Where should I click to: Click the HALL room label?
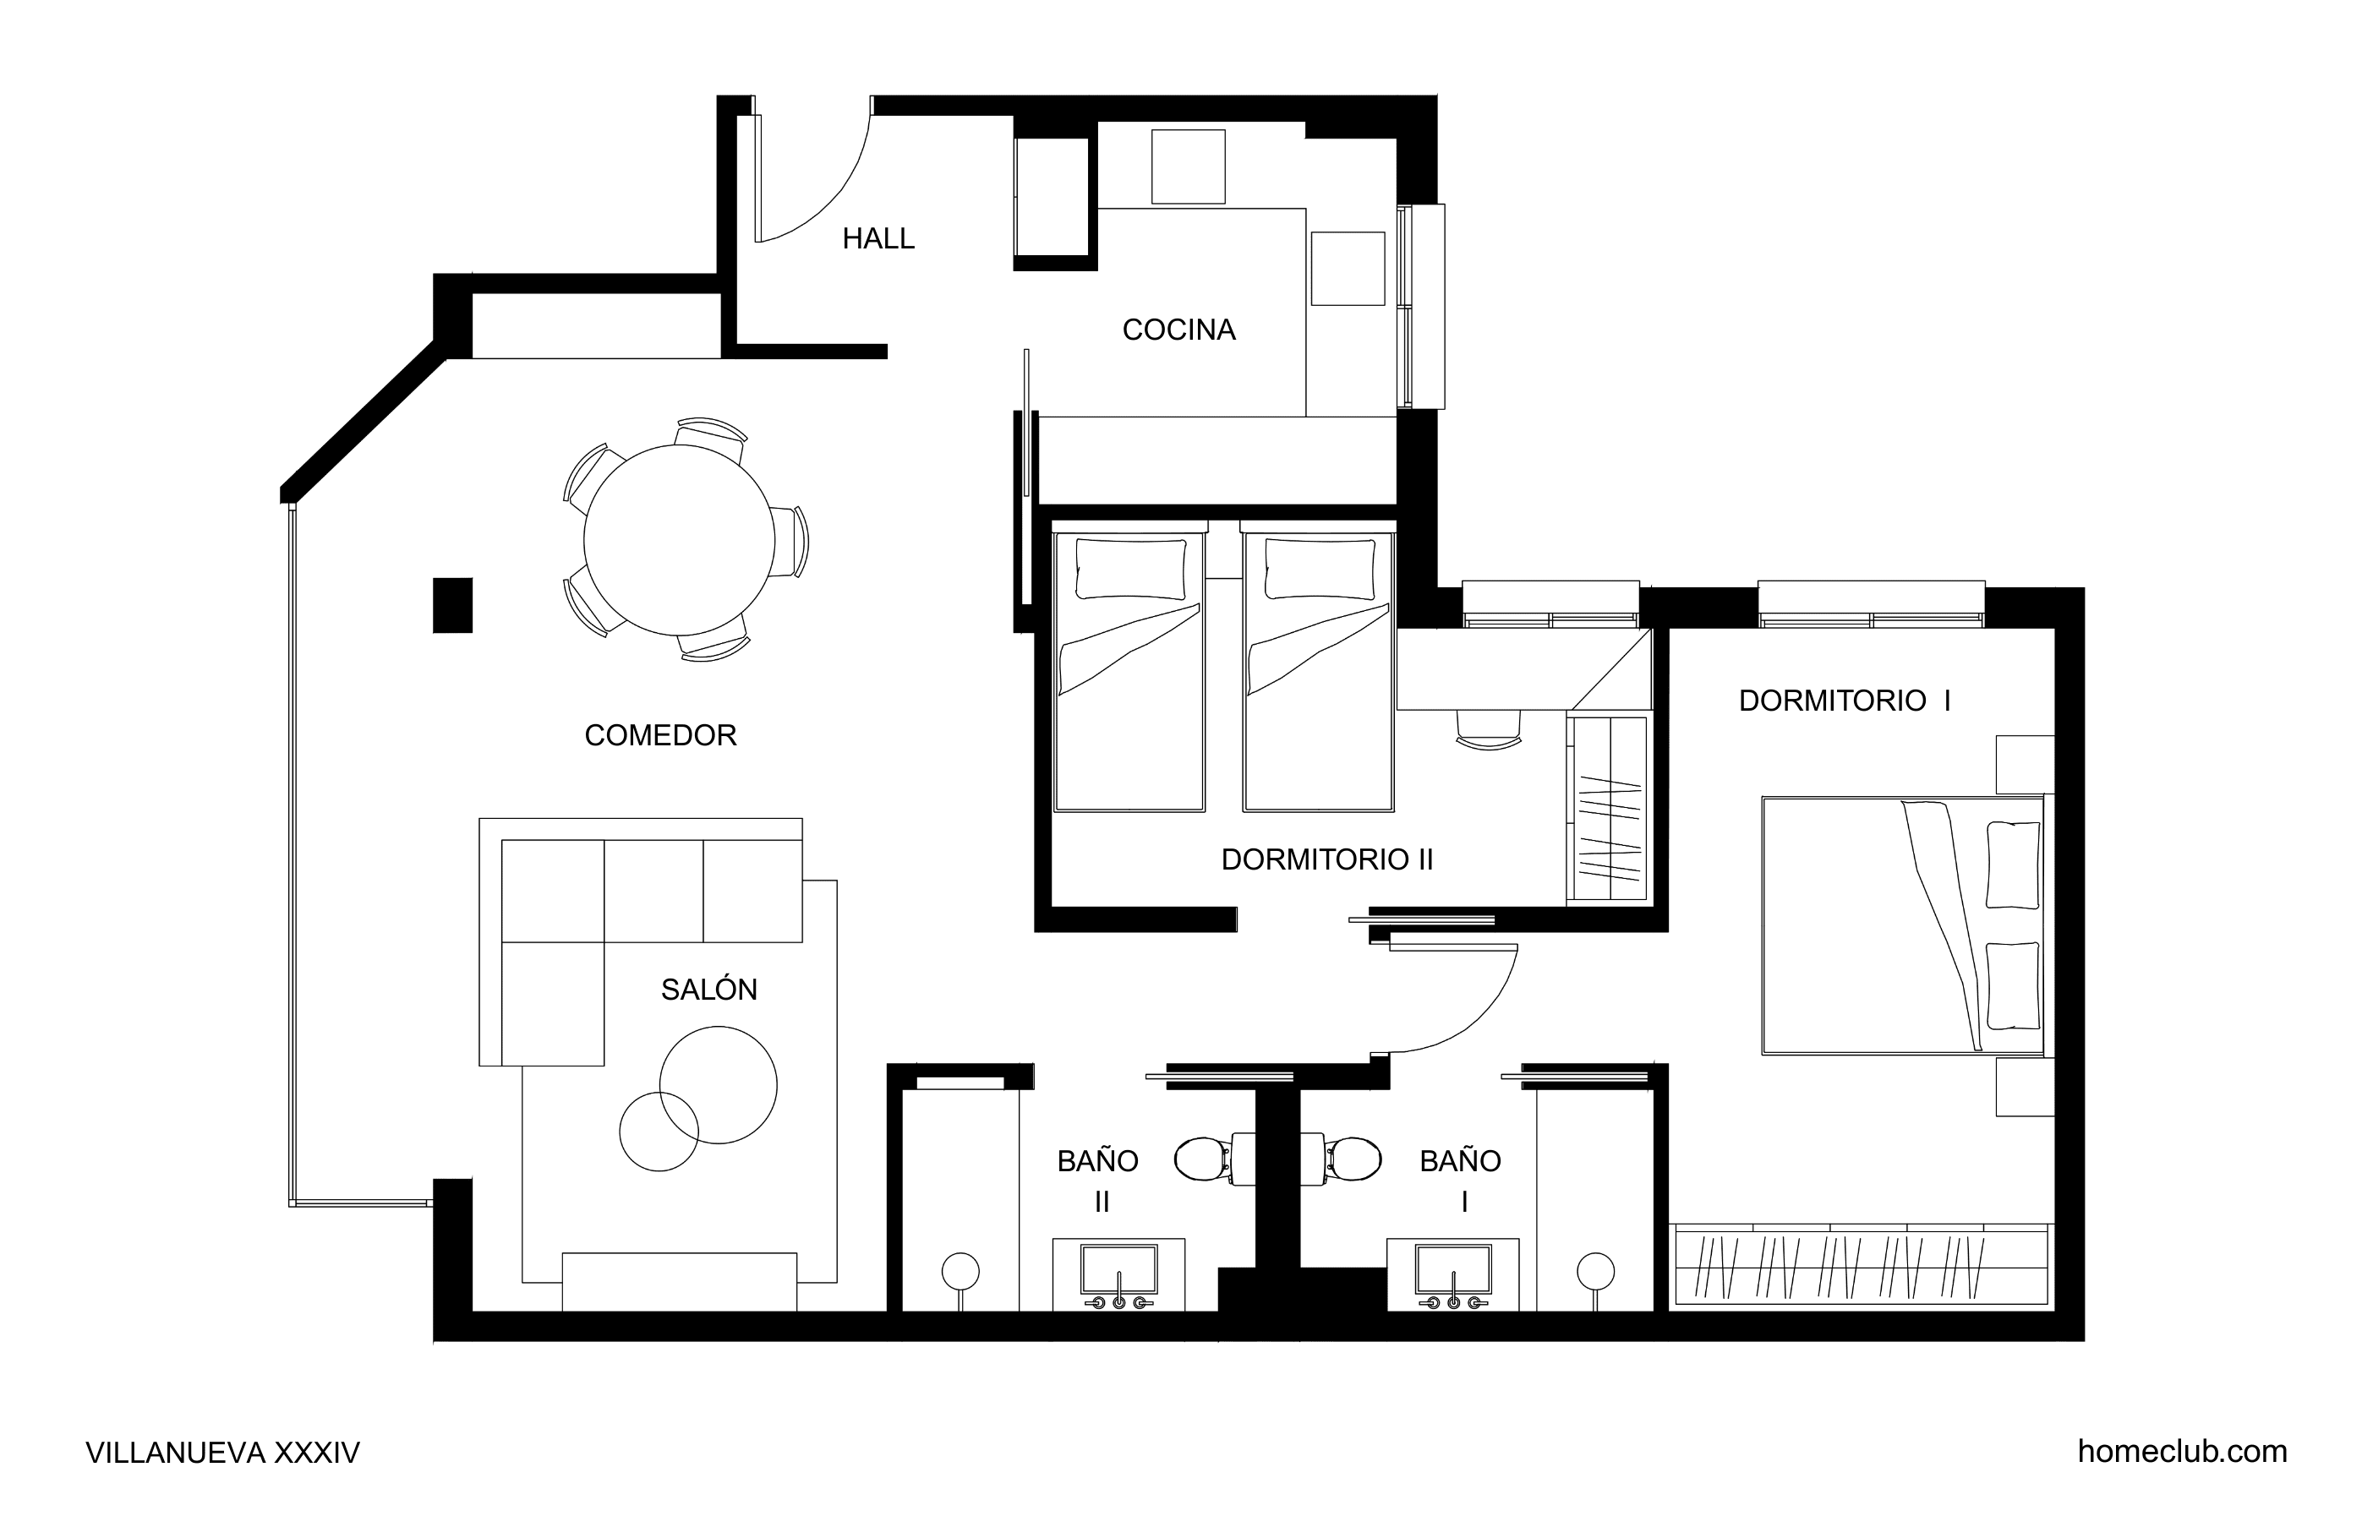click(878, 238)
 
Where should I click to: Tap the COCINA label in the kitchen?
click(1179, 330)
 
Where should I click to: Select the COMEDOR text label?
click(661, 735)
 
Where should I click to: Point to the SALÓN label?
click(708, 990)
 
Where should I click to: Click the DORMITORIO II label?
click(1327, 859)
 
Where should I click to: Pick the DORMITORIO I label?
click(1845, 701)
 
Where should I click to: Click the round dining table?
click(679, 540)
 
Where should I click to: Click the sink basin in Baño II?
click(1118, 1270)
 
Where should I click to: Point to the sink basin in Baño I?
click(1453, 1270)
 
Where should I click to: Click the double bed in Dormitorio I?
click(1902, 924)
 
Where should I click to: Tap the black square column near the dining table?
click(452, 605)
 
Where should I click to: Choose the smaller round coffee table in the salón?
click(659, 1132)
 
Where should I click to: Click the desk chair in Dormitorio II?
click(1488, 728)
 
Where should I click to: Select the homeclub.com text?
click(2183, 1452)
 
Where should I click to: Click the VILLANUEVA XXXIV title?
click(222, 1453)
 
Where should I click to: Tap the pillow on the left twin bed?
click(1130, 569)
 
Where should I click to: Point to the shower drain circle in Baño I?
click(1595, 1271)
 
